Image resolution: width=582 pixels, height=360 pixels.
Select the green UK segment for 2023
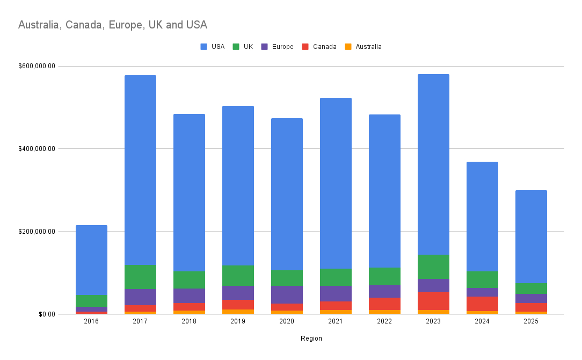pyautogui.click(x=433, y=267)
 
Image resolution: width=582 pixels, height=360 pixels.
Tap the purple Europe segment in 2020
pyautogui.click(x=287, y=294)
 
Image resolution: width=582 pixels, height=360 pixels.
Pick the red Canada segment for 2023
pyautogui.click(x=433, y=301)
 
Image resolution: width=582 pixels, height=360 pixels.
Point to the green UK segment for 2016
pyautogui.click(x=91, y=301)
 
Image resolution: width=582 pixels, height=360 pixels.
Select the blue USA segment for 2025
pyautogui.click(x=531, y=236)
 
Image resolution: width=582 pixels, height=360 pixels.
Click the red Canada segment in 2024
pyautogui.click(x=482, y=304)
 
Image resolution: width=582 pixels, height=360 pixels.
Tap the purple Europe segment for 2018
pyautogui.click(x=189, y=296)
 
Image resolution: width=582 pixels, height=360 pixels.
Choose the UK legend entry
pyautogui.click(x=243, y=47)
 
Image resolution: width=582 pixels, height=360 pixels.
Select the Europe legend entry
pyautogui.click(x=277, y=47)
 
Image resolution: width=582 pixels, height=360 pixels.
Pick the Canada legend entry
pyautogui.click(x=319, y=47)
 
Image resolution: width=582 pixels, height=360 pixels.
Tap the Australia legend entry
pyautogui.click(x=363, y=47)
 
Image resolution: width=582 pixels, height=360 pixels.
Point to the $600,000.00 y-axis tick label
pyautogui.click(x=37, y=66)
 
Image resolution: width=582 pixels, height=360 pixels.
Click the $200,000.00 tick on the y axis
pyautogui.click(x=37, y=232)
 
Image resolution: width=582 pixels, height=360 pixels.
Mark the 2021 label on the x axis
pyautogui.click(x=336, y=321)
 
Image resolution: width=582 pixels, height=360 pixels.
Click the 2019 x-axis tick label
pyautogui.click(x=238, y=321)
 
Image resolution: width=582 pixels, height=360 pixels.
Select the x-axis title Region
pyautogui.click(x=311, y=339)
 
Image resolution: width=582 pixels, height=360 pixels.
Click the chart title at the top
pyautogui.click(x=113, y=25)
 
